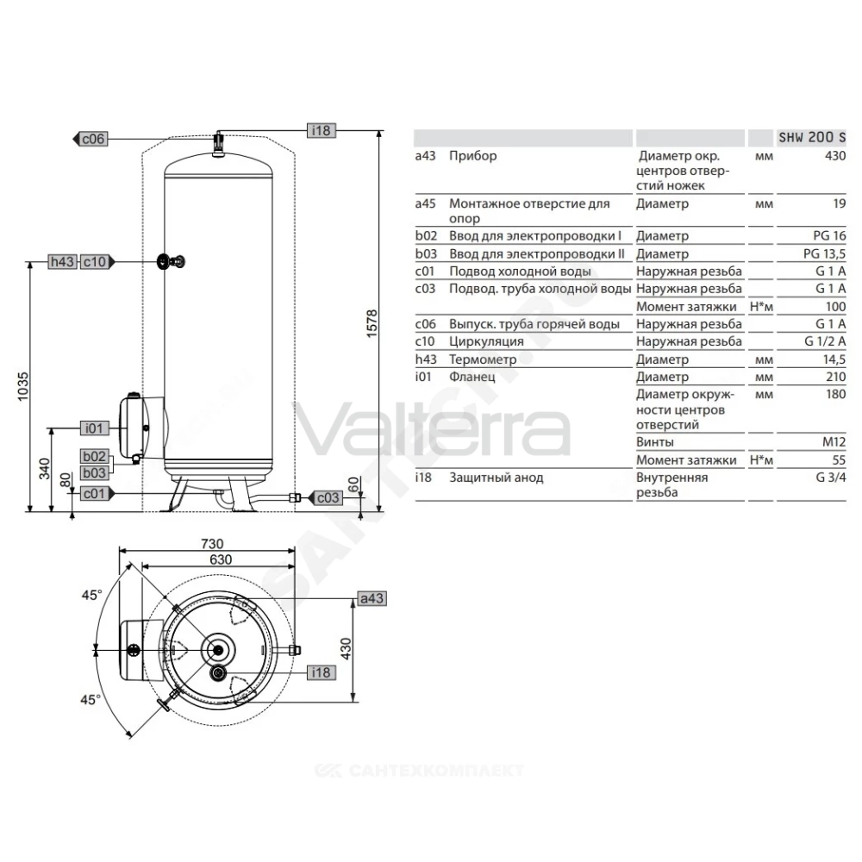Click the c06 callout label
point(92,139)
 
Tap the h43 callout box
point(62,262)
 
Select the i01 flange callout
point(94,428)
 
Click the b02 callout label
point(94,456)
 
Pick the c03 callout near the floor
point(328,497)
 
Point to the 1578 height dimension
point(372,323)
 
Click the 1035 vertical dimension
point(22,386)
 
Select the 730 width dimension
point(212,544)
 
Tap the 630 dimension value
point(221,559)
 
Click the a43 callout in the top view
point(372,598)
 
